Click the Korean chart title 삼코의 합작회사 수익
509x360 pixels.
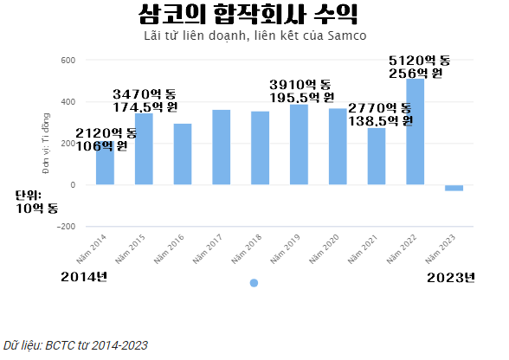(x=248, y=15)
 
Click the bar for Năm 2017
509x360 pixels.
(x=222, y=147)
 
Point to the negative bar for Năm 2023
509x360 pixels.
(x=454, y=188)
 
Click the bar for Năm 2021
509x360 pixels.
(x=377, y=157)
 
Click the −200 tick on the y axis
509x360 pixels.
(x=66, y=227)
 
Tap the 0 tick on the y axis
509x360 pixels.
(x=74, y=185)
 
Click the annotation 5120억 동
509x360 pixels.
(x=420, y=60)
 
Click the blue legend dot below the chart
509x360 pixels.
(x=254, y=283)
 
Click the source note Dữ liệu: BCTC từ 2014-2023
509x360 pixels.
(x=75, y=344)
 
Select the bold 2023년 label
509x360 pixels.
(x=453, y=277)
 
